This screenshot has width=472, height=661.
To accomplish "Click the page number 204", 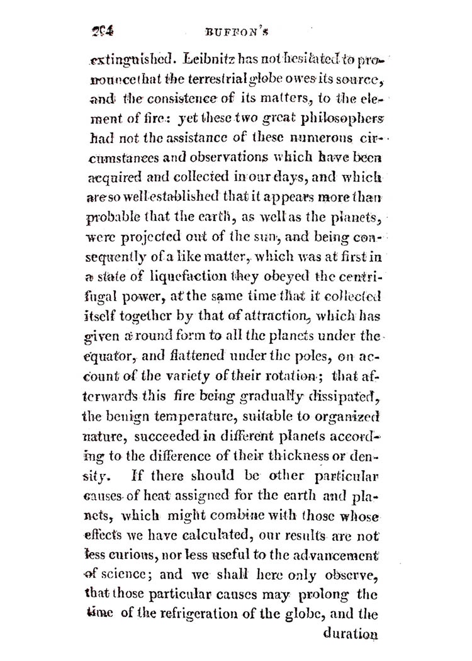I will (103, 30).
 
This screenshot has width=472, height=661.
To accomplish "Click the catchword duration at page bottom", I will (350, 634).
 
